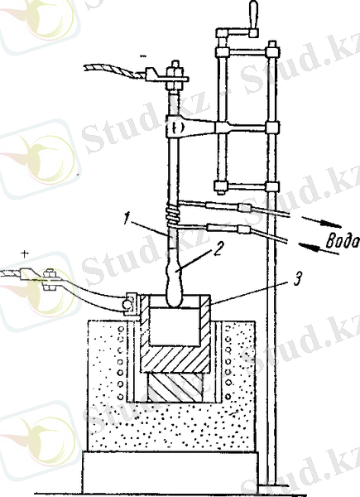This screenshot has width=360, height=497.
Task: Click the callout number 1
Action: coord(127,220)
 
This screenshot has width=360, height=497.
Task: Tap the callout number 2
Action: coord(218,249)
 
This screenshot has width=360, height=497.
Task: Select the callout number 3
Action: coord(296,279)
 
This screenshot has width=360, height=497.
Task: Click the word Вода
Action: coord(342,242)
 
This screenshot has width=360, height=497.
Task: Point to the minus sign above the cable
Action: coord(144,56)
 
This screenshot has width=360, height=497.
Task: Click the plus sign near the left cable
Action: coord(24,253)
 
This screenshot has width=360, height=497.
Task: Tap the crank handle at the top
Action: coord(253,15)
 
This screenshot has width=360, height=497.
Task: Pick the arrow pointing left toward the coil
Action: coord(318,248)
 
